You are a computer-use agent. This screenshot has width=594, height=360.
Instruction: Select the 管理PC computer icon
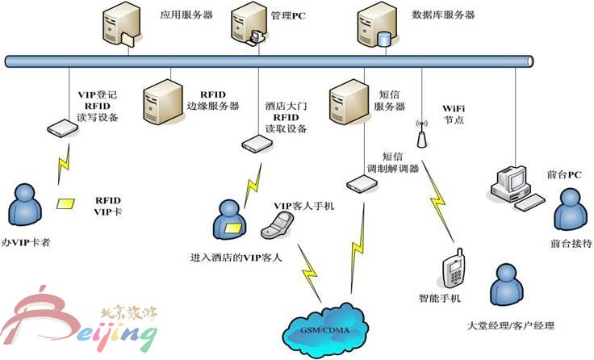tap(247, 24)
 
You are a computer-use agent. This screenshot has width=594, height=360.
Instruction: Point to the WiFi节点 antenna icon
tap(420, 132)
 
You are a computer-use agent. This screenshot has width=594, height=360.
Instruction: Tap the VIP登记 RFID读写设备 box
tap(61, 128)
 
